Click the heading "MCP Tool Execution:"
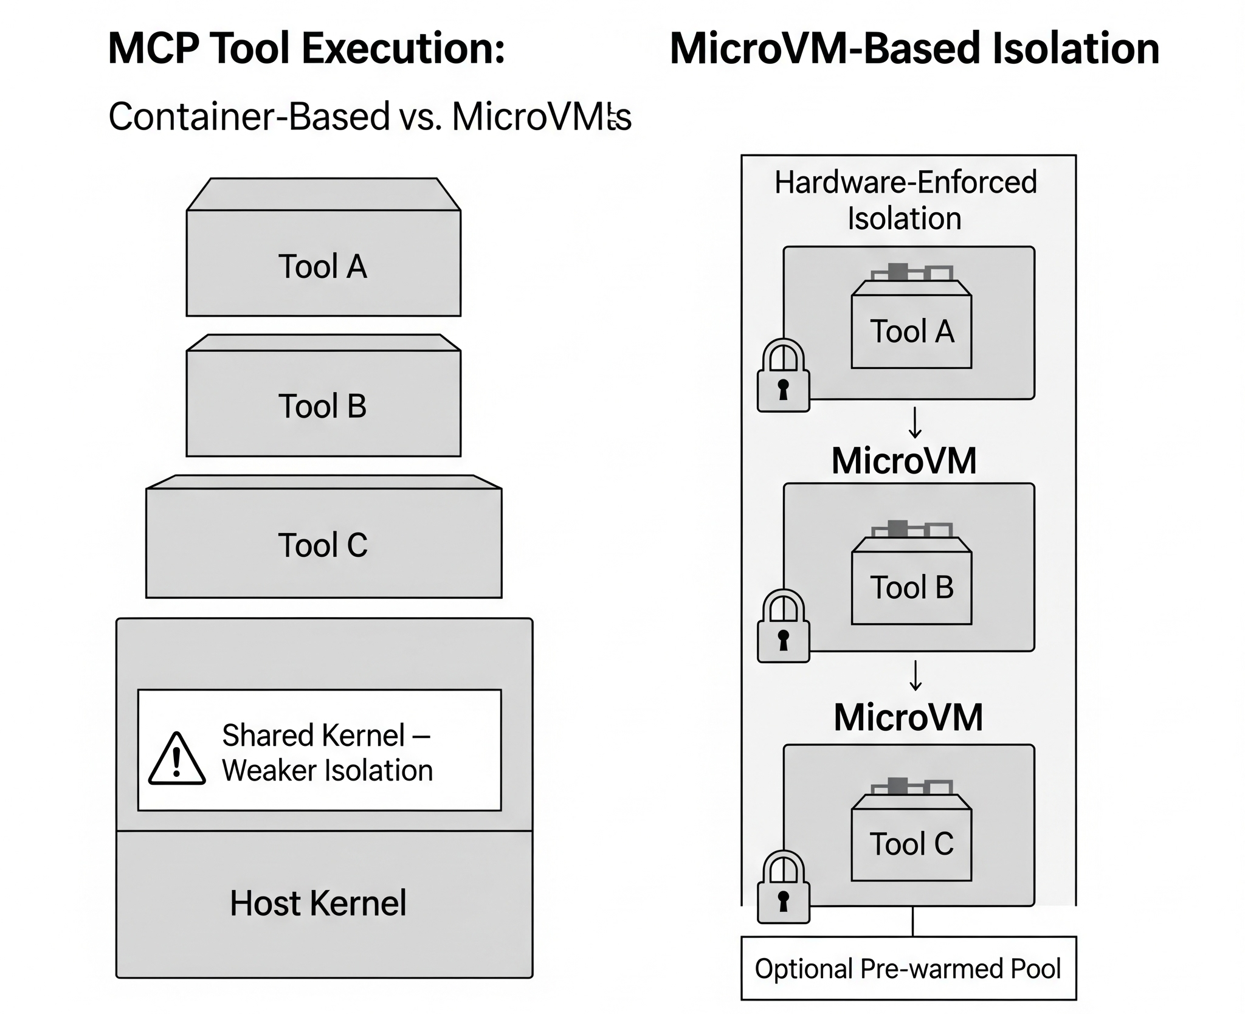point(306,49)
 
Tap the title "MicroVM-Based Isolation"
point(914,49)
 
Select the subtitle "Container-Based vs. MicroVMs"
point(370,116)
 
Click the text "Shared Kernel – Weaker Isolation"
point(327,753)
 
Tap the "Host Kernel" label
point(318,903)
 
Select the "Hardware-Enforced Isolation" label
point(905,200)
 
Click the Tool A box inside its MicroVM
point(911,331)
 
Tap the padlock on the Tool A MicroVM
point(783,376)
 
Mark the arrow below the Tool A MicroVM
point(915,424)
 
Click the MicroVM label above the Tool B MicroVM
point(904,461)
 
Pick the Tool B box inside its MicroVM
point(911,587)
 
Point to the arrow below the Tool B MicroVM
point(915,676)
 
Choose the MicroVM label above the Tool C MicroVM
point(908,717)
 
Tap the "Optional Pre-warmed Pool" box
point(908,968)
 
